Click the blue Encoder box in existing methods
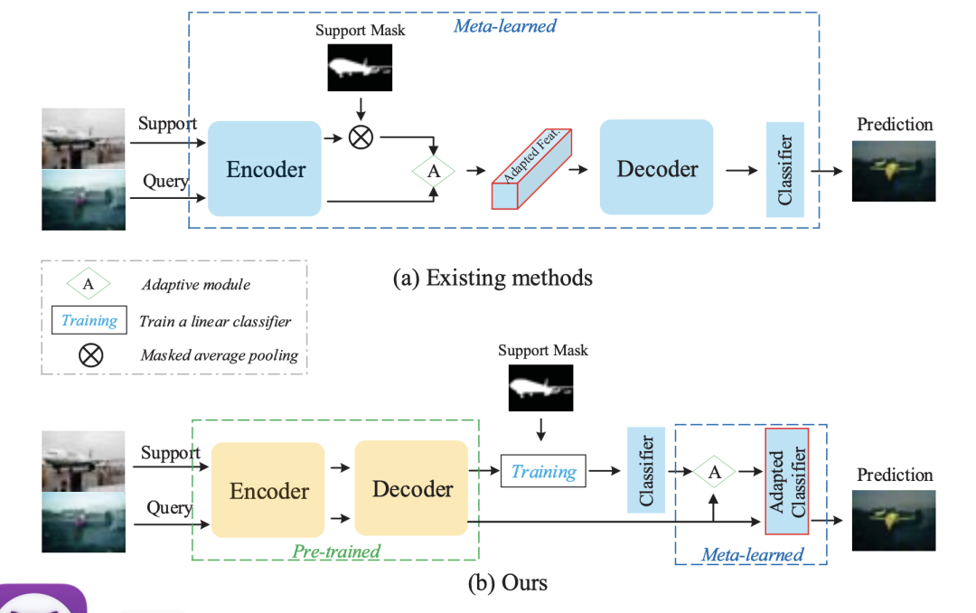click(265, 169)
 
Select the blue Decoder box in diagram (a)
click(657, 168)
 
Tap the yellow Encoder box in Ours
click(268, 490)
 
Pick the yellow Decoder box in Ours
click(412, 488)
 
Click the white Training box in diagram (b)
click(543, 471)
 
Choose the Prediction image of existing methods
click(894, 171)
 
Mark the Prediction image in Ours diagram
click(894, 520)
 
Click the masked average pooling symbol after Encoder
click(361, 137)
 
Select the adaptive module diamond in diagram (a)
click(433, 169)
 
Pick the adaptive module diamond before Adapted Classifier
click(714, 471)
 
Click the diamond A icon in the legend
click(89, 284)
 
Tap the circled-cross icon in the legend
click(90, 354)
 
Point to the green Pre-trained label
click(336, 551)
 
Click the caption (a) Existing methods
click(493, 277)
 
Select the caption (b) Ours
click(507, 581)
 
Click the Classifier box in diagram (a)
click(785, 169)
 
